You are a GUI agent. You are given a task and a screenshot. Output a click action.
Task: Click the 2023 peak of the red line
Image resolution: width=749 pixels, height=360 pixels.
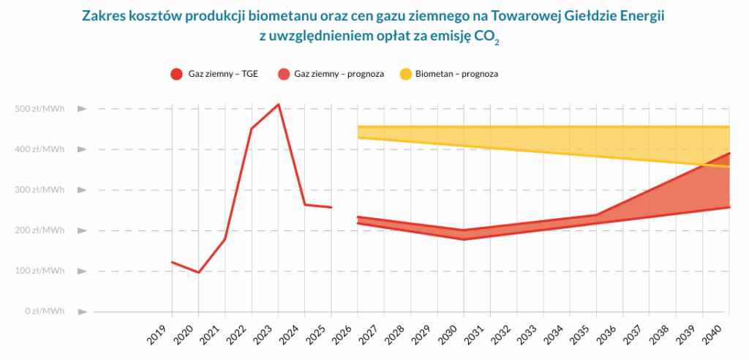pyautogui.click(x=278, y=105)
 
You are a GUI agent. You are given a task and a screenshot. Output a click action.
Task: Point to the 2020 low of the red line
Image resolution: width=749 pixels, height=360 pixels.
pyautogui.click(x=198, y=272)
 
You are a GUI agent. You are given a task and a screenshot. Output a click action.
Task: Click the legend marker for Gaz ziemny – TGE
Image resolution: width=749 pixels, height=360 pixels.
pyautogui.click(x=176, y=74)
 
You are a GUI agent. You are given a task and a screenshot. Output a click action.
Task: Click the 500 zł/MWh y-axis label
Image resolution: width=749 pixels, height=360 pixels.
pyautogui.click(x=40, y=109)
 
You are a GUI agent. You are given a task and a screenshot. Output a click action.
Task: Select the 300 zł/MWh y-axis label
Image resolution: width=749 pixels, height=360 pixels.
pyautogui.click(x=40, y=190)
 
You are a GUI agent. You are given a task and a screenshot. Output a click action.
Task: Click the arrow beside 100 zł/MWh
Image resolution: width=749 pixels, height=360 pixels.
pyautogui.click(x=83, y=271)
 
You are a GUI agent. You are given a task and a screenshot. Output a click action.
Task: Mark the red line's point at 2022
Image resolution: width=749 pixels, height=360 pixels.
pyautogui.click(x=252, y=129)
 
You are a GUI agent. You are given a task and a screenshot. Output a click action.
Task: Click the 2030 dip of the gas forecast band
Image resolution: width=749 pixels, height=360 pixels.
pyautogui.click(x=464, y=235)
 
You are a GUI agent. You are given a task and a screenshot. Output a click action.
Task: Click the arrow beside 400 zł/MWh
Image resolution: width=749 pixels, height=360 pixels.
pyautogui.click(x=83, y=149)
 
